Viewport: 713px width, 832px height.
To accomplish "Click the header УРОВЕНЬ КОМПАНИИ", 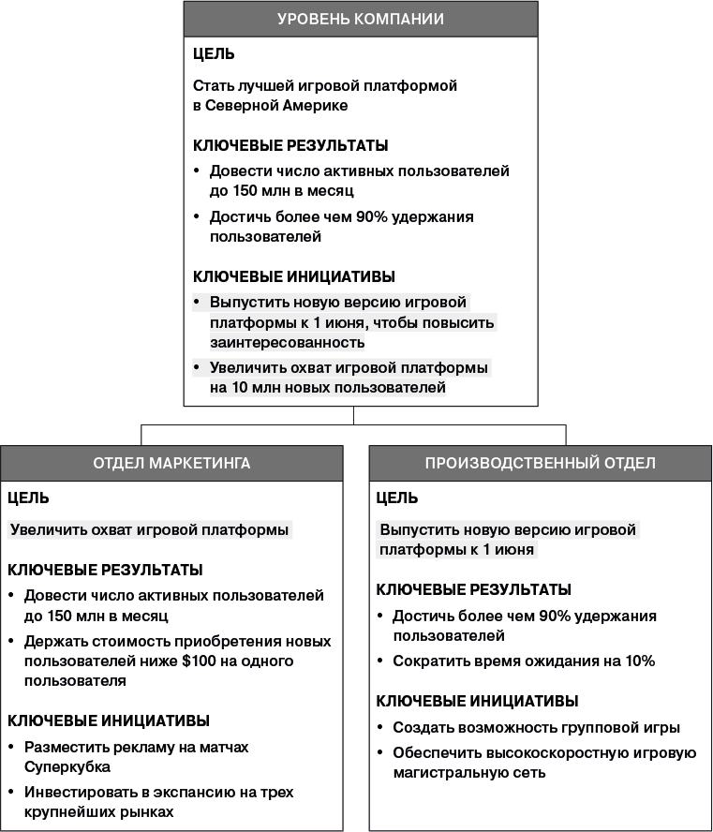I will pyautogui.click(x=361, y=19).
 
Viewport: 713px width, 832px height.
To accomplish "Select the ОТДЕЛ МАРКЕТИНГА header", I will pyautogui.click(x=171, y=463).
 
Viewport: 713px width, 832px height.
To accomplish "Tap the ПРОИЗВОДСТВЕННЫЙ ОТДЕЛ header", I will pyautogui.click(x=541, y=463).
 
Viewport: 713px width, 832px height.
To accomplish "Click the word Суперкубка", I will pyautogui.click(x=65, y=766).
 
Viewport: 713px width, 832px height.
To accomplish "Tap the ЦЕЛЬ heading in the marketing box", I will pyautogui.click(x=28, y=498).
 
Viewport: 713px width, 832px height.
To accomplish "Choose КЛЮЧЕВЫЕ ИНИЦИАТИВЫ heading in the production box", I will pyautogui.click(x=477, y=701).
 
